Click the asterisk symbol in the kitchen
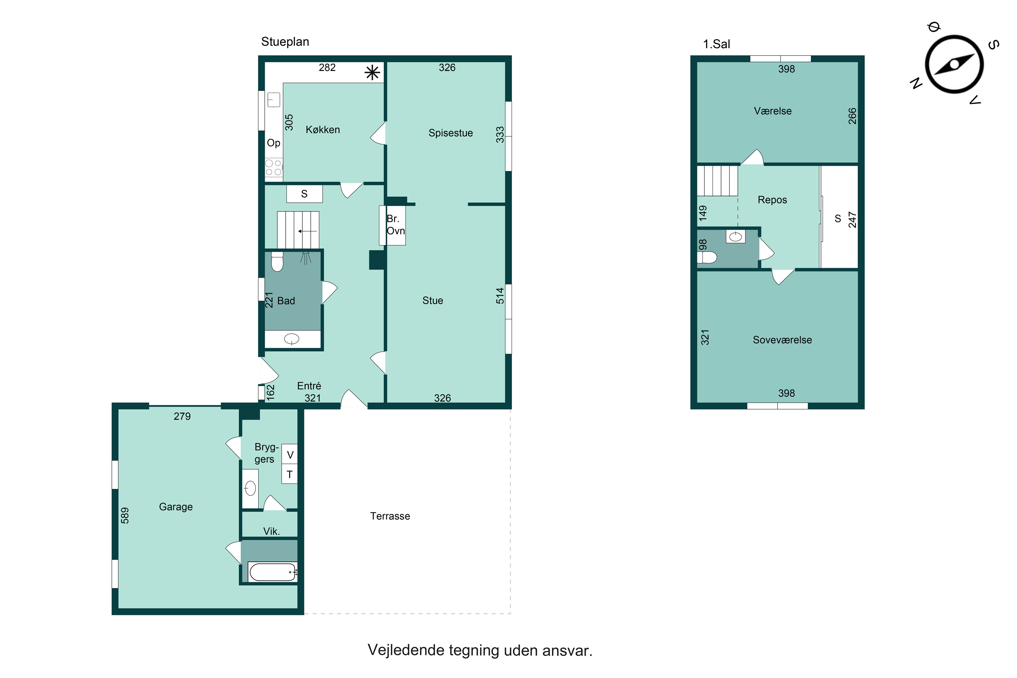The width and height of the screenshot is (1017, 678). point(372,73)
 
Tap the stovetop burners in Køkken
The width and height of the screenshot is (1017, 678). point(273,168)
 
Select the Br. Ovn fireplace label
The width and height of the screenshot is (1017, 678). point(395,225)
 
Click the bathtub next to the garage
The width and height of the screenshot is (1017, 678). point(273,572)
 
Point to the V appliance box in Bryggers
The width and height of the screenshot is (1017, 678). point(290,455)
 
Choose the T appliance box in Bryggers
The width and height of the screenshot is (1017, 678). point(290,474)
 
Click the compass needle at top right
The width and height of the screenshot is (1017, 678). point(954,65)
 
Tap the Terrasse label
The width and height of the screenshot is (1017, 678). point(390,516)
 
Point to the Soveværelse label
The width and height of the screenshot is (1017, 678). point(782,340)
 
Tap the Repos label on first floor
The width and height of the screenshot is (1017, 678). point(772,200)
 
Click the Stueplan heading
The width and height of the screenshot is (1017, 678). point(285,42)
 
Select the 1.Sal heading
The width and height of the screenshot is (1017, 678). point(717,44)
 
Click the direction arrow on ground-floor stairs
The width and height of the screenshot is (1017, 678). point(307,231)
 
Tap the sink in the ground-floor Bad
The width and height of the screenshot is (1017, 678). point(292,339)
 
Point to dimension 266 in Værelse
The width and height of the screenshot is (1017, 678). point(852,116)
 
